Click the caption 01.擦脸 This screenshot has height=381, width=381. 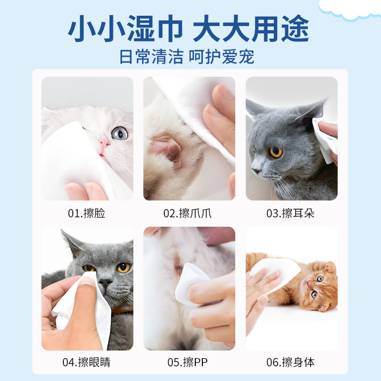pyautogui.click(x=87, y=213)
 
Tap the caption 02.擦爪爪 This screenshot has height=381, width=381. pyautogui.click(x=188, y=213)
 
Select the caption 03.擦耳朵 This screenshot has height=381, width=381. pyautogui.click(x=291, y=213)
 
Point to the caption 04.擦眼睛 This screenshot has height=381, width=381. pyautogui.click(x=87, y=362)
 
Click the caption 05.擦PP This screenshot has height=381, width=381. pyautogui.click(x=188, y=362)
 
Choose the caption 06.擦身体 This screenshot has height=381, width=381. pyautogui.click(x=291, y=362)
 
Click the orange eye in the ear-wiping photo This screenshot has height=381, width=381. pyautogui.click(x=276, y=152)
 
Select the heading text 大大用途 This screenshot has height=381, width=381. pyautogui.click(x=251, y=30)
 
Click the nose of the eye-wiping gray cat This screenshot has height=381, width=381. pyautogui.click(x=105, y=281)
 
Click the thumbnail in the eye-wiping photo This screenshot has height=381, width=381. pyautogui.click(x=87, y=282)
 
